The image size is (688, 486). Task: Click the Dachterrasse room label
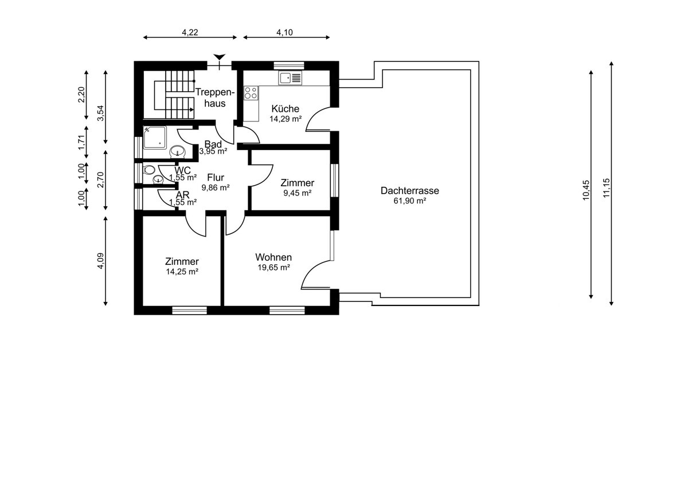410,191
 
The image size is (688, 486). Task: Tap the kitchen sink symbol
290,78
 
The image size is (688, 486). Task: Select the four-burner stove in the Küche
251,93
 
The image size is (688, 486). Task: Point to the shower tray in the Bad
155,138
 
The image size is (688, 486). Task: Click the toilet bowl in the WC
149,170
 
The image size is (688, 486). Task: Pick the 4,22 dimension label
190,32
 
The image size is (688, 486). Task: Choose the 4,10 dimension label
284,32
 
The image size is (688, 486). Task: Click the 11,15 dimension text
607,188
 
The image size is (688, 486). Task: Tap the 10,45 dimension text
586,190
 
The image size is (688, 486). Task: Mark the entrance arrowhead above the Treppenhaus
219,57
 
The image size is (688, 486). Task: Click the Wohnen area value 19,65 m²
274,268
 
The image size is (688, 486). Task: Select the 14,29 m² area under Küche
286,119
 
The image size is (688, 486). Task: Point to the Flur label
216,178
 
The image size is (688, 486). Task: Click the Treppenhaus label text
215,97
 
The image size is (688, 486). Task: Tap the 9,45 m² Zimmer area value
298,193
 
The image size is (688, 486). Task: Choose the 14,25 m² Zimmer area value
182,272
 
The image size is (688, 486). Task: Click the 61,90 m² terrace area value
410,201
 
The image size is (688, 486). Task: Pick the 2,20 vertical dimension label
81,95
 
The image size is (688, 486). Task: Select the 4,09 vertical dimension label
100,261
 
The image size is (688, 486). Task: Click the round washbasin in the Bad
178,151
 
